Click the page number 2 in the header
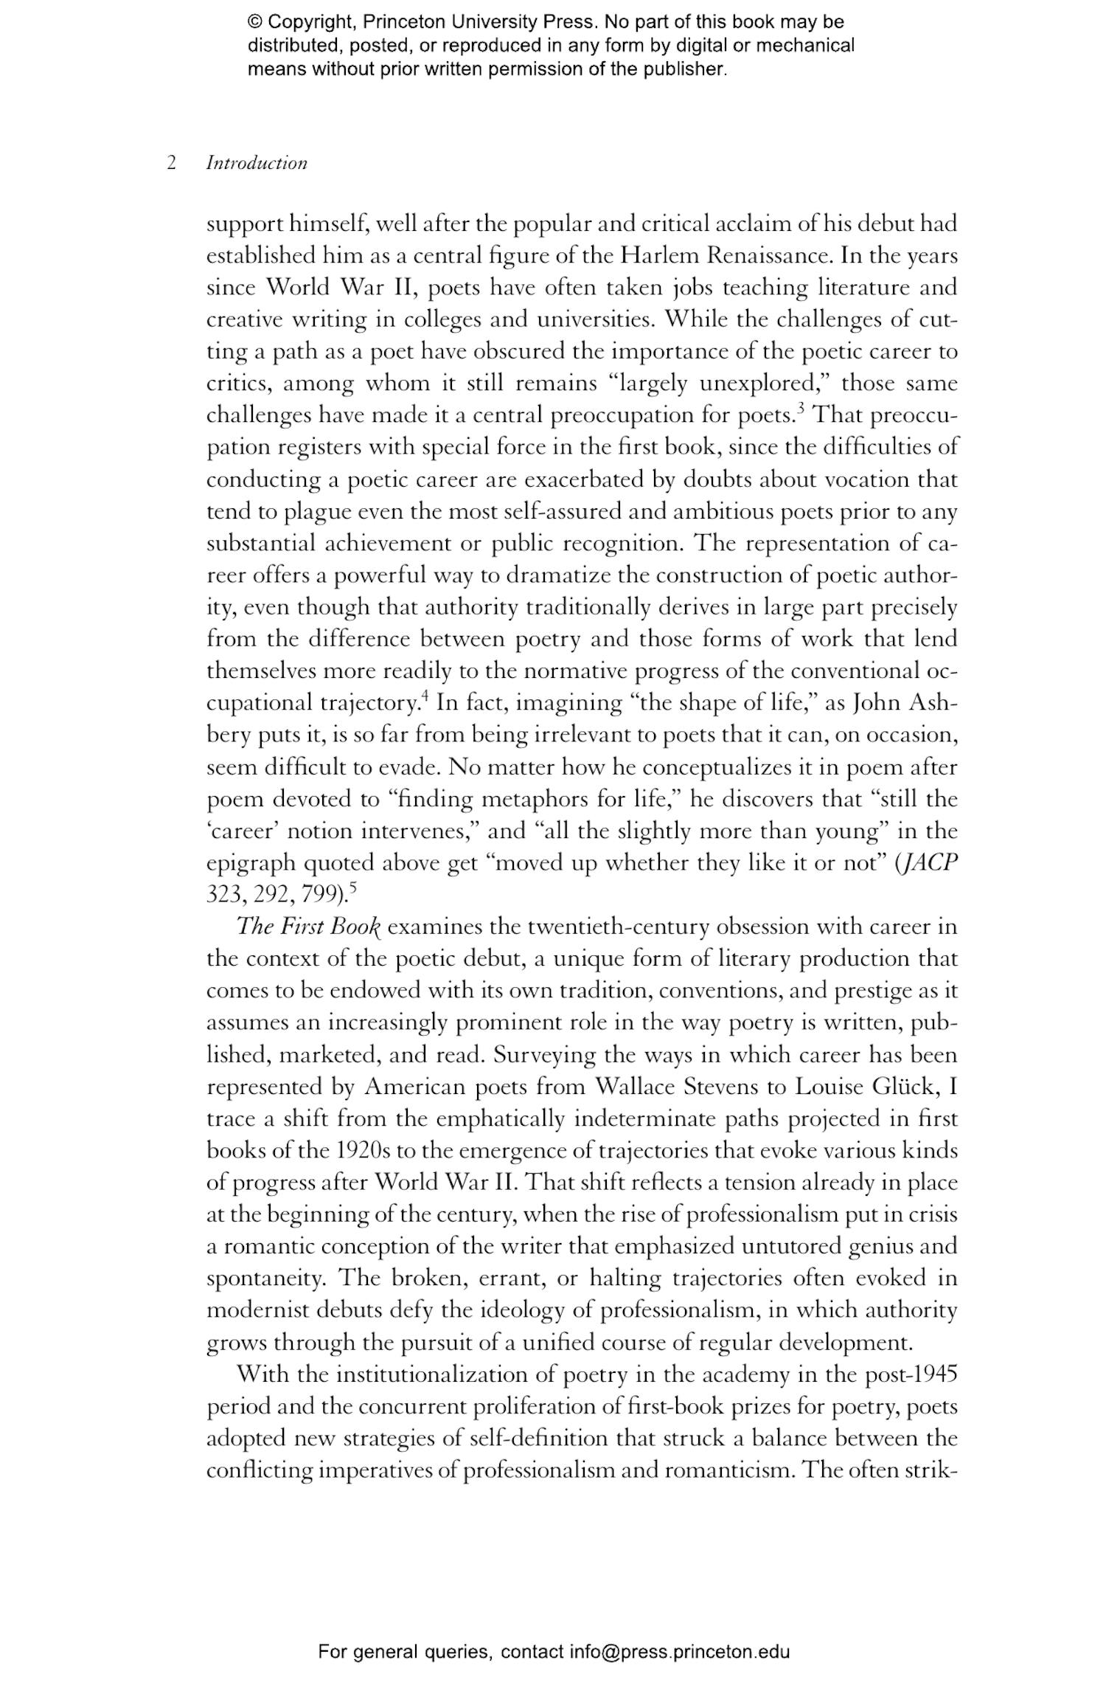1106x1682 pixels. click(x=171, y=163)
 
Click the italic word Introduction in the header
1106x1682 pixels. click(x=257, y=163)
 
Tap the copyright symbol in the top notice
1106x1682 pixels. click(x=254, y=22)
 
